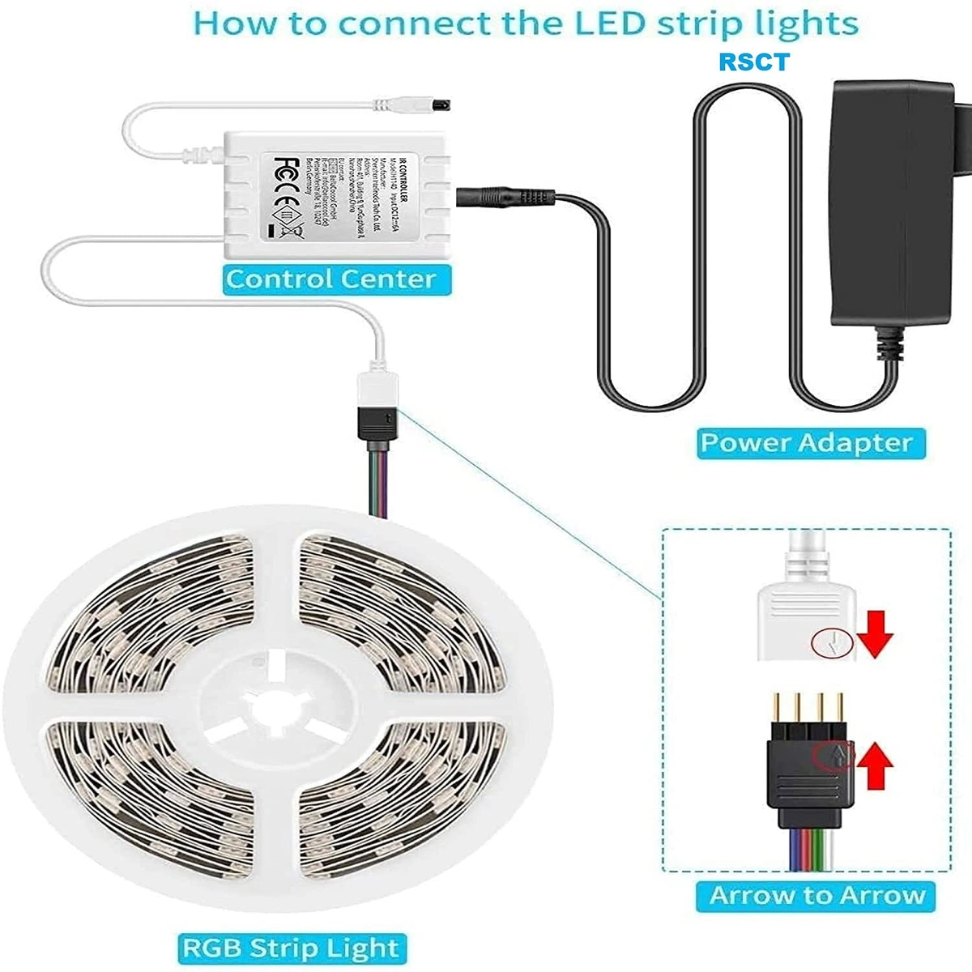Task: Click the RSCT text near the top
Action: (x=753, y=62)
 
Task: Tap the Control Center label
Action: (x=331, y=279)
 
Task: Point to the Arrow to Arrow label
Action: (x=816, y=895)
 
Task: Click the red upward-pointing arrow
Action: (x=875, y=766)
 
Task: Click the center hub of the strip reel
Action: (x=275, y=705)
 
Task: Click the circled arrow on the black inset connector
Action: (x=833, y=756)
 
